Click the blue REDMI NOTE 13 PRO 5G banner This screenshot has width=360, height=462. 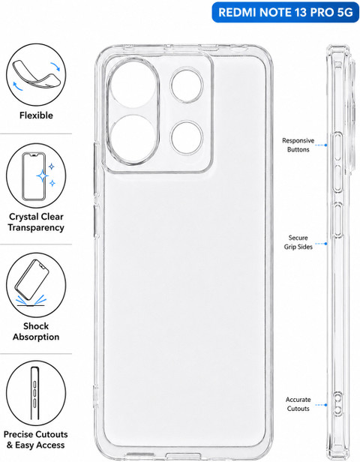point(286,12)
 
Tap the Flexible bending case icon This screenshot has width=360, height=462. point(36,74)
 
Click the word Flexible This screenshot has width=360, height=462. point(36,115)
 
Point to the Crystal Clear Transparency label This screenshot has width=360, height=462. point(36,222)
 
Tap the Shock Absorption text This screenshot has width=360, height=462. point(36,331)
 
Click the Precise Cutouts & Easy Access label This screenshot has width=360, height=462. point(36,439)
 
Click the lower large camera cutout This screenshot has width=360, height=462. point(133,139)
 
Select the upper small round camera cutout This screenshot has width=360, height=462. point(187,85)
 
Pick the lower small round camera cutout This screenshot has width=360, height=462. point(187,137)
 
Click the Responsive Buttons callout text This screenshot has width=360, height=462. point(298,145)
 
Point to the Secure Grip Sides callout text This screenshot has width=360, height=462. point(298,242)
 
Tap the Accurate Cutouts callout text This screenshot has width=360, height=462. point(298,404)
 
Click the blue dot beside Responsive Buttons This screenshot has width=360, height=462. point(325,145)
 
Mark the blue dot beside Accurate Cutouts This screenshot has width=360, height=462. point(325,405)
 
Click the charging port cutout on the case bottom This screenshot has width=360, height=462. point(183,456)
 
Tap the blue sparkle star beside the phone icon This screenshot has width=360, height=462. point(43,176)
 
